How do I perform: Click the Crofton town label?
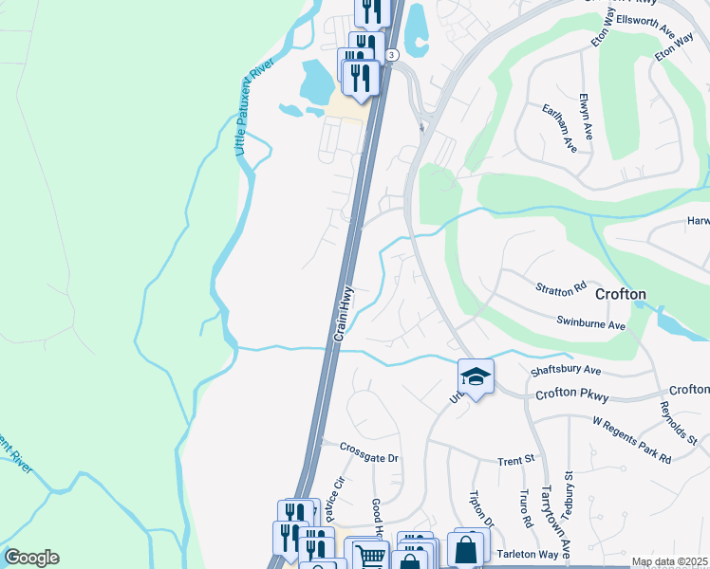click(621, 294)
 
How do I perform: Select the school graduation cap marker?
click(476, 376)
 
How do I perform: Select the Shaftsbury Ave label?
click(567, 370)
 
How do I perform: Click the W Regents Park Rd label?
click(631, 439)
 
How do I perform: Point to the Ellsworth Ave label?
click(644, 18)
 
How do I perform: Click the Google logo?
click(31, 558)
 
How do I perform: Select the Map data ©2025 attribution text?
click(669, 562)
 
